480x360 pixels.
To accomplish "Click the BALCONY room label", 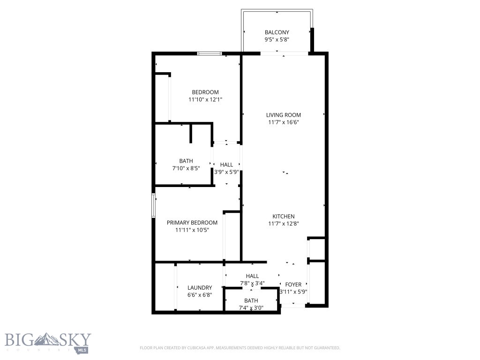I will [277, 32].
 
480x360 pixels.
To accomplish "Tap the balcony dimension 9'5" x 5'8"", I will [277, 40].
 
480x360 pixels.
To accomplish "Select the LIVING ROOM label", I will [283, 115].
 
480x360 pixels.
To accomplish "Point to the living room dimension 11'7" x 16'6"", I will [283, 122].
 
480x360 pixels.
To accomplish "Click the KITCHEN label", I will [284, 216].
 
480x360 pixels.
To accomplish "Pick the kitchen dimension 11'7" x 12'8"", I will [284, 224].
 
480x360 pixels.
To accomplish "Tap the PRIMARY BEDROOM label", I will [192, 223].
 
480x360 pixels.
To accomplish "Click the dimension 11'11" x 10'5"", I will [192, 230].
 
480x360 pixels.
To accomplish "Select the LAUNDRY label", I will [200, 288].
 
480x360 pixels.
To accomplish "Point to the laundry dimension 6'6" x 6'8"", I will [200, 295].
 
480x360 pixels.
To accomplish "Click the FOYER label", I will [293, 285].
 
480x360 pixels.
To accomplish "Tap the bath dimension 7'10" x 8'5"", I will [186, 168].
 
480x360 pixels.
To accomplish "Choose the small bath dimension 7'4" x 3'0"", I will [251, 308].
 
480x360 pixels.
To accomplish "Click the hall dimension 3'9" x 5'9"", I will [226, 172].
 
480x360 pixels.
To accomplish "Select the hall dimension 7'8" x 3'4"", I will [252, 283].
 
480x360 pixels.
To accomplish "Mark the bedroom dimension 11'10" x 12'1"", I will [205, 99].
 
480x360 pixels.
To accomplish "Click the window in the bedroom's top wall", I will [209, 53].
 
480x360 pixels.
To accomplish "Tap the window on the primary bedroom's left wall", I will [153, 205].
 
